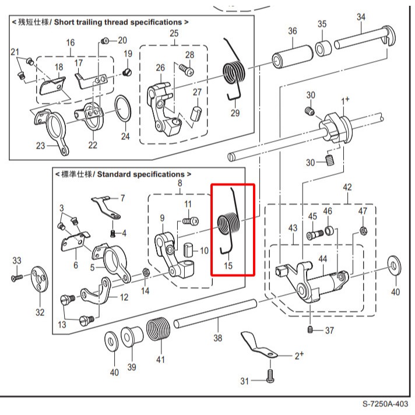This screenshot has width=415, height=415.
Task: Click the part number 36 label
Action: pyautogui.click(x=293, y=31)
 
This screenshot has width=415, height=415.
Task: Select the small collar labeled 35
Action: pyautogui.click(x=322, y=47)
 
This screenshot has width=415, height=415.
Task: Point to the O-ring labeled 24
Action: pyautogui.click(x=122, y=108)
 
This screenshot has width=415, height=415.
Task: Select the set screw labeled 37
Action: pyautogui.click(x=311, y=330)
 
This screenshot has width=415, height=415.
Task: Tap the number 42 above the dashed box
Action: pyautogui.click(x=347, y=187)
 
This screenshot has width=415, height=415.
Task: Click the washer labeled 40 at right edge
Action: pyautogui.click(x=396, y=266)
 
